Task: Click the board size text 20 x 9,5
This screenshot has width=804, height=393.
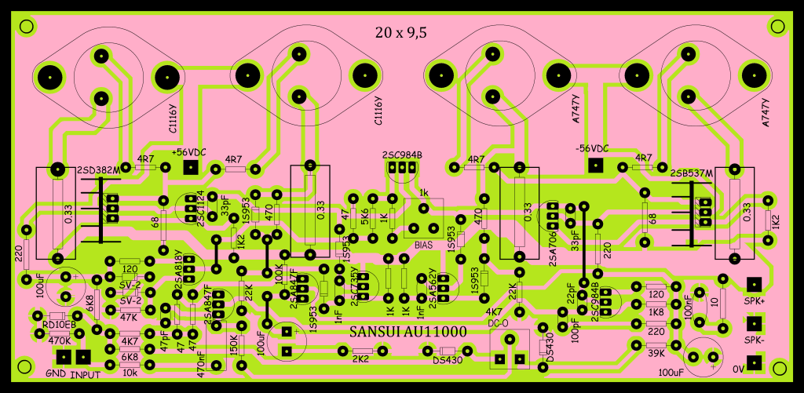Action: (401, 33)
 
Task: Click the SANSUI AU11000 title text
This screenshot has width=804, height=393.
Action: (407, 332)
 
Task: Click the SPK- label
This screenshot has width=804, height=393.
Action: (755, 340)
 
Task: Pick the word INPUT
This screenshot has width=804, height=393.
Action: (85, 374)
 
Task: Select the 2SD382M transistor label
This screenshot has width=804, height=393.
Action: (98, 170)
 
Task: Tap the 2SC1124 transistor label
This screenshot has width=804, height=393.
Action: (202, 209)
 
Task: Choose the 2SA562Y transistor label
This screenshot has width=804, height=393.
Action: (433, 287)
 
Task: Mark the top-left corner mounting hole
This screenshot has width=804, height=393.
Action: (26, 26)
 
